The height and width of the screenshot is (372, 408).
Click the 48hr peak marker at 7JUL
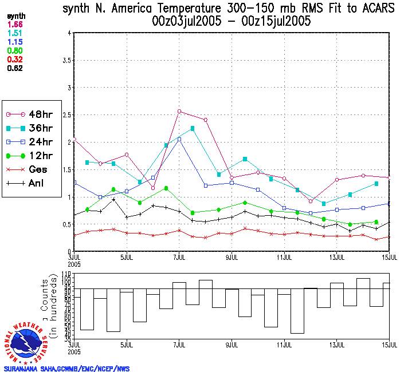179,111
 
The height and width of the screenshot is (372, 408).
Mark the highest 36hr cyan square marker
193,128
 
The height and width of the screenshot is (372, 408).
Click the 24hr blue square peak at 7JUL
179,139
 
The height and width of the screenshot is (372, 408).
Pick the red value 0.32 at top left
15,60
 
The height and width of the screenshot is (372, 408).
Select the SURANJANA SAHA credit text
65,369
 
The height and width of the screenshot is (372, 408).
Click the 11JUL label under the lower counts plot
284,346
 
